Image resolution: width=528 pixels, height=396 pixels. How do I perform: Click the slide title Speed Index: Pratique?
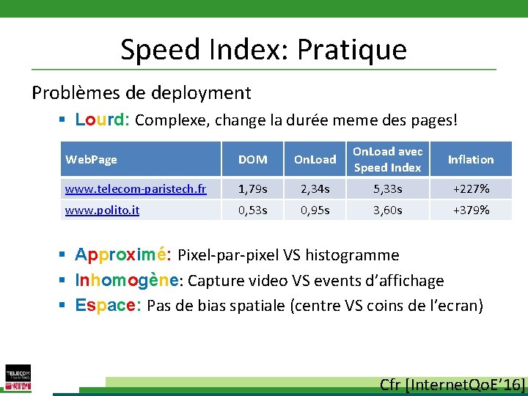263,49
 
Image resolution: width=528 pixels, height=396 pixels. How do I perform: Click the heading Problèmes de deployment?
141,93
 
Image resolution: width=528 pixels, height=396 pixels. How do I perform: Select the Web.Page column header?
91,159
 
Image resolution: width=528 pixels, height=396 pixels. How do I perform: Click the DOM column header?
253,159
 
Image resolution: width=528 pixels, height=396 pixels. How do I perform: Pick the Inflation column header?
471,159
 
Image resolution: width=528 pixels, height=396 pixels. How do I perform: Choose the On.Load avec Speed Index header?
387,159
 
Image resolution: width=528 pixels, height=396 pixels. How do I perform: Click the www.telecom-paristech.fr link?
136,189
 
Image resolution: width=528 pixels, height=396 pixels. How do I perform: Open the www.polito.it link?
102,210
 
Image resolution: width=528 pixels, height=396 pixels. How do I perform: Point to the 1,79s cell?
253,189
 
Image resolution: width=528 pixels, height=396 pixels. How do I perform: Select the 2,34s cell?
315,189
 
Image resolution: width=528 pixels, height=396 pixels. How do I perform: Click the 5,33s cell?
387,189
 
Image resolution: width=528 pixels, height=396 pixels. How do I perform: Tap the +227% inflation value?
471,189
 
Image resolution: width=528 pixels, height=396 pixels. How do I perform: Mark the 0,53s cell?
253,210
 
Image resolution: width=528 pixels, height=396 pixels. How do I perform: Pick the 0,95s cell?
315,210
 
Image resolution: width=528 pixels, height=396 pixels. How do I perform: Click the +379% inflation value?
471,210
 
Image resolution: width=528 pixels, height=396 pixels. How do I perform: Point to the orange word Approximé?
124,255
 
